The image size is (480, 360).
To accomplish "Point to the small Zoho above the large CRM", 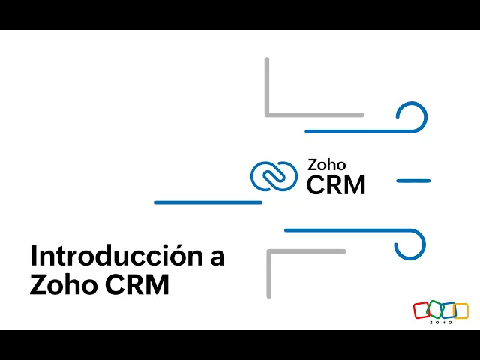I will pos(326,165).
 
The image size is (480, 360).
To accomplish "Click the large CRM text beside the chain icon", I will pos(336,184).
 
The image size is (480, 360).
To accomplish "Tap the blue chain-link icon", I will pos(274,177).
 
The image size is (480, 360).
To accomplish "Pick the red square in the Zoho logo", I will pos(422,310).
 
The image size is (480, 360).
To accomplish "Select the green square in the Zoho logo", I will pos(435,310).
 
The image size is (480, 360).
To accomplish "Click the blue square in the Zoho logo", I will pos(448,310).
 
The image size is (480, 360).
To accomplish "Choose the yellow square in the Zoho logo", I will pos(460,310).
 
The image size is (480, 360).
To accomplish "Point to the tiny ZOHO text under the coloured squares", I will pos(441,322).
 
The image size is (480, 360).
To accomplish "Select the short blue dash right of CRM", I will pos(412,181).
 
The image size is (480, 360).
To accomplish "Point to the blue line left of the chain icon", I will pos(208,202).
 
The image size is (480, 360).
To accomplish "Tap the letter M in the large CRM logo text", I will pos(353,184).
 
